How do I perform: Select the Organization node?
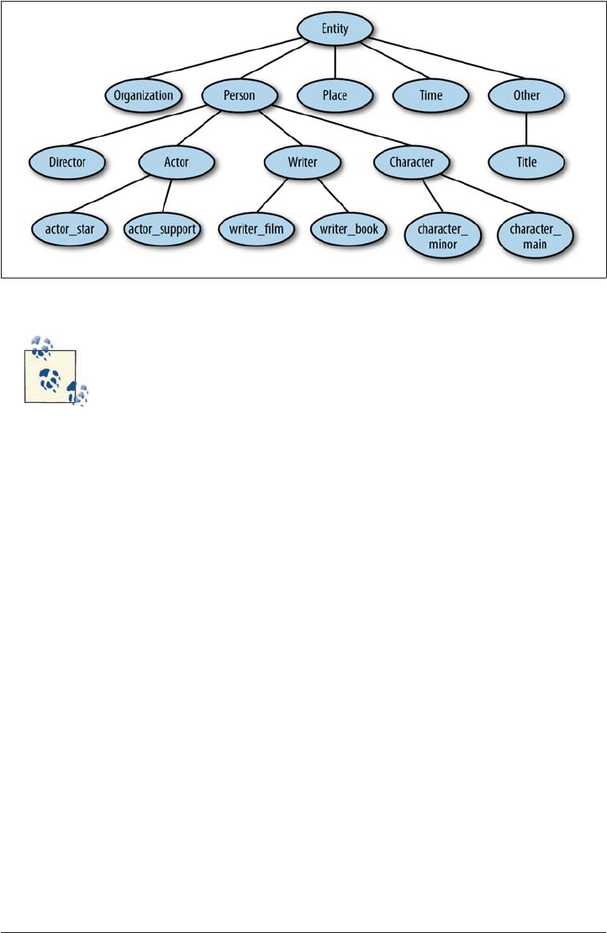pos(144,95)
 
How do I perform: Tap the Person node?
pos(240,95)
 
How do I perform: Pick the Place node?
pos(335,95)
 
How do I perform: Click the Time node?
pos(430,95)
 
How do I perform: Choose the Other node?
pos(526,95)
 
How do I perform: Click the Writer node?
pos(303,161)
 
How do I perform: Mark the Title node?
pos(526,161)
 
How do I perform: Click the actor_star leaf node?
pos(69,227)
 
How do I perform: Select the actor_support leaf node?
pos(162,227)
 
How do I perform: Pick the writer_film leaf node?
pos(258,227)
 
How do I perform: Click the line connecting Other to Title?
pos(526,128)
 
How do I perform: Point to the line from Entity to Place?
pos(335,62)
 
